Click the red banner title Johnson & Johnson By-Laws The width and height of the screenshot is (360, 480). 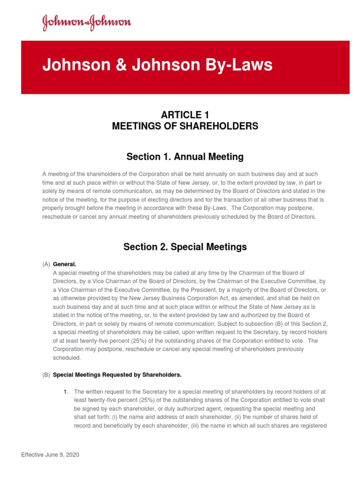pos(157,65)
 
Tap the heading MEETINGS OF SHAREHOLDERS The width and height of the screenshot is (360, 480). pos(185,126)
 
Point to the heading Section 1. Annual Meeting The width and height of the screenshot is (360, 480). pos(185,156)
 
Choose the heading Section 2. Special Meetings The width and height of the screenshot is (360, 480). pos(185,247)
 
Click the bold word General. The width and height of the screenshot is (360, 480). pos(65,264)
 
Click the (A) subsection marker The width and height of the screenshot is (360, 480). pos(46,264)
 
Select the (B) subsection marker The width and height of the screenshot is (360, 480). pos(46,375)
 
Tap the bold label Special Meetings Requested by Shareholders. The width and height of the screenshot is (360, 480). pos(117,375)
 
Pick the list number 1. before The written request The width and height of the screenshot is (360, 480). pos(67,391)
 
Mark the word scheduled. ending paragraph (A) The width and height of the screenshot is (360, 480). pos(67,358)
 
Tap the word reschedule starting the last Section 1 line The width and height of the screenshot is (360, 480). pos(56,217)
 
